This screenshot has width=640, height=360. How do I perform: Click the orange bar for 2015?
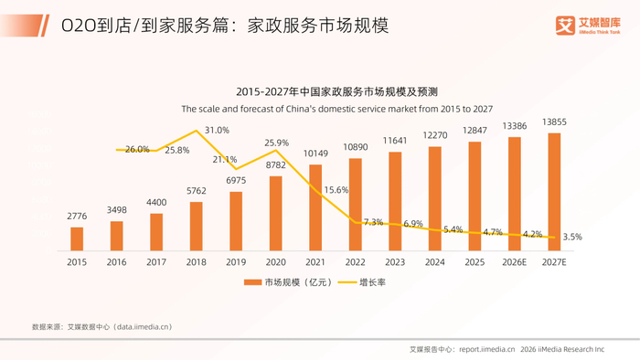(x=77, y=238)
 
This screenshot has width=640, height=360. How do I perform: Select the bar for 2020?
(x=275, y=213)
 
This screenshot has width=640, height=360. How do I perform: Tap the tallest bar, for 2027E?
(x=554, y=192)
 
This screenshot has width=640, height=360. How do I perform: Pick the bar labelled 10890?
(x=355, y=205)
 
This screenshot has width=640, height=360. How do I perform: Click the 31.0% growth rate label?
(x=217, y=131)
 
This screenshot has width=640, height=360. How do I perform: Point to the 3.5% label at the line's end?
(x=572, y=237)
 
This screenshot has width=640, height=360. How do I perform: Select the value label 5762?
(x=197, y=191)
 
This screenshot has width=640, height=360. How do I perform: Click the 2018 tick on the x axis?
(x=196, y=262)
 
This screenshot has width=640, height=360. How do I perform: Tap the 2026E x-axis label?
(x=514, y=262)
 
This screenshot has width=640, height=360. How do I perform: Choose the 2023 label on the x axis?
(x=395, y=262)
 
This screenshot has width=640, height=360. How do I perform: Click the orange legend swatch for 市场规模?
(x=252, y=282)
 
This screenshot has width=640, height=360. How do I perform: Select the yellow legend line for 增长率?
(x=347, y=282)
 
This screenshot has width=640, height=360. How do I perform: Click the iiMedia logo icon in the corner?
(x=565, y=26)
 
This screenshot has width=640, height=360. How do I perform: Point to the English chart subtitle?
(x=337, y=110)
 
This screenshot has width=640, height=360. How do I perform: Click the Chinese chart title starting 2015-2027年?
(x=337, y=91)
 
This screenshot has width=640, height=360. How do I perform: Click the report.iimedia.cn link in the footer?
(x=487, y=349)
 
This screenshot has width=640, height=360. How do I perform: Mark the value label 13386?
(x=514, y=126)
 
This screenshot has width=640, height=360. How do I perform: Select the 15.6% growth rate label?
(x=336, y=190)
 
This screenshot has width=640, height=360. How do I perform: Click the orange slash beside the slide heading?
(x=45, y=26)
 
